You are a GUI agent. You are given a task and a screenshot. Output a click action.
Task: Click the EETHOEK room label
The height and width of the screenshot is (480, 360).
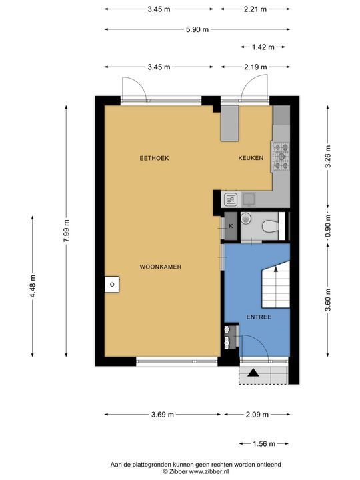point(154,158)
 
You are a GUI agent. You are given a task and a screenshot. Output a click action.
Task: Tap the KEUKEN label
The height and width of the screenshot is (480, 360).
point(251,158)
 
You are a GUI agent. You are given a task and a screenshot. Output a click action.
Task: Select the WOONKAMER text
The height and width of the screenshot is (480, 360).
point(161,267)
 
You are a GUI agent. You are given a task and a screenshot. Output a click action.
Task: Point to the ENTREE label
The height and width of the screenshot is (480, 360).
point(259,317)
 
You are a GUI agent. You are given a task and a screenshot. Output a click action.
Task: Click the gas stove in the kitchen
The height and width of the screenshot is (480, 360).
point(281,157)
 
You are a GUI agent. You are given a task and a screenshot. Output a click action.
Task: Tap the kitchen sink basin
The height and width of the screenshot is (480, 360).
point(249,199)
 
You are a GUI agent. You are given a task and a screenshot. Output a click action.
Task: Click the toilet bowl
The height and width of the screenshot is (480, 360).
point(270,227)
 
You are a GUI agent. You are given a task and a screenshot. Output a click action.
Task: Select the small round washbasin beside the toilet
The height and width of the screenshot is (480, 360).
point(245,218)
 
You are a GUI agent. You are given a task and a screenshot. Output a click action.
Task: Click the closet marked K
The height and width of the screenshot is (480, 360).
point(231,226)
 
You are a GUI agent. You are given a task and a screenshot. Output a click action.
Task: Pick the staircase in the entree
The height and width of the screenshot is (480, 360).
point(276,285)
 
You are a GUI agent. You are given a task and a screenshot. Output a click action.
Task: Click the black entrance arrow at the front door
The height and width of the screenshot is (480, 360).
point(253,373)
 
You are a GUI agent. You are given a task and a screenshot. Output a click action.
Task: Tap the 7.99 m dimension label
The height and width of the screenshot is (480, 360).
point(67,231)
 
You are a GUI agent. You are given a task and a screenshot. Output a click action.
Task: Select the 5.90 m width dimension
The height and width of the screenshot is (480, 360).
point(197,30)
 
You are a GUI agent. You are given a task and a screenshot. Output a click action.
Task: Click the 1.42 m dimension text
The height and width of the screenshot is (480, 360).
point(263,47)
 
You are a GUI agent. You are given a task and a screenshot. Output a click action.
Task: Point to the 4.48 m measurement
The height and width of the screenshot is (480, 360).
point(33,286)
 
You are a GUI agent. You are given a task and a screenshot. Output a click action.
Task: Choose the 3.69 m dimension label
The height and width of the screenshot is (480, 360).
point(162,415)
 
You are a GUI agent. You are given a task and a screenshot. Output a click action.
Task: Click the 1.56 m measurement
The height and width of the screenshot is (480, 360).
point(264,443)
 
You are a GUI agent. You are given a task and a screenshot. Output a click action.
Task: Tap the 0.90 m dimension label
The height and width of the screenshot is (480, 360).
point(328,226)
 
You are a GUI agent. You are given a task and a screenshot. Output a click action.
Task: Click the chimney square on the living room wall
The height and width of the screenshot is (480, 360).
point(112,285)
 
